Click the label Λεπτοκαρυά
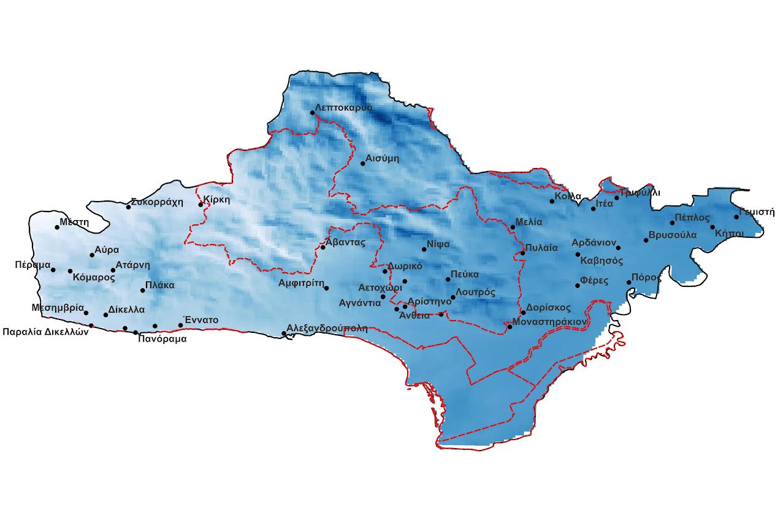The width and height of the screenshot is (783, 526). (344, 107)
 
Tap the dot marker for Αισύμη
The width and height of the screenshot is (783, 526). (362, 163)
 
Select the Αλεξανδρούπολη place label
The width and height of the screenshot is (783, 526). (327, 328)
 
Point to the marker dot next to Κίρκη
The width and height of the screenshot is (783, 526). (201, 204)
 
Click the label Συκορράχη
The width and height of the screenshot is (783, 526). (157, 202)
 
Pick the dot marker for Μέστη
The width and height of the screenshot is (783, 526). (57, 227)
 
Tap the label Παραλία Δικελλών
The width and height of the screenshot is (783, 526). (46, 332)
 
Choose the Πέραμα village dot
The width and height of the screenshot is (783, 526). (53, 270)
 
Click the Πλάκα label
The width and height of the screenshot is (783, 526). (160, 285)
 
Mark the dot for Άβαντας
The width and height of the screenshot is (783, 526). (323, 247)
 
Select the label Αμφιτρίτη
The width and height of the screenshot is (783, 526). (300, 283)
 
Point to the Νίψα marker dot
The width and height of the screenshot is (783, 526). (424, 249)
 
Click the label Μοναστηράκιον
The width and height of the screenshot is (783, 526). (550, 321)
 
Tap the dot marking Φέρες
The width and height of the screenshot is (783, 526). (578, 285)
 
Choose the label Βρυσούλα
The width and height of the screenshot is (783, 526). (673, 235)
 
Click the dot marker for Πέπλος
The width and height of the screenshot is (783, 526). (672, 223)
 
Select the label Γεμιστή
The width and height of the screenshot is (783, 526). (757, 212)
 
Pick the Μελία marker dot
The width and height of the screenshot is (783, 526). (513, 227)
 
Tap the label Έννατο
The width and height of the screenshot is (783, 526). (201, 319)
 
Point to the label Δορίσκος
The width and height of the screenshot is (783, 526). (549, 308)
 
